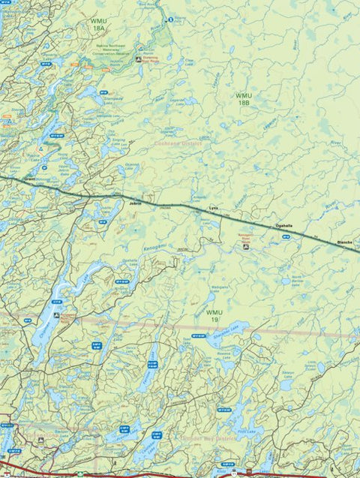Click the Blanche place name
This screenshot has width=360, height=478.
point(345,242)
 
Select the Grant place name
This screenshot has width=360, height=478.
point(30,180)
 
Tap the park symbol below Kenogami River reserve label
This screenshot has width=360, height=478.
point(245,245)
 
